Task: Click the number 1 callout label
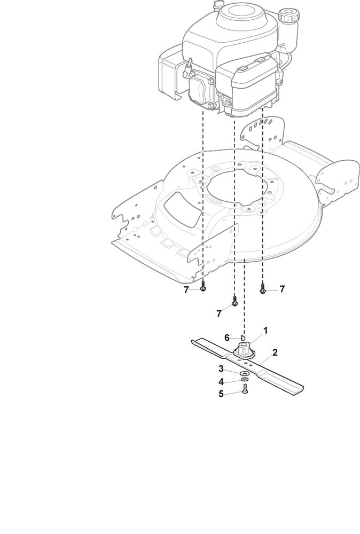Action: tap(265, 331)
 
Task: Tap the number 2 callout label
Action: tap(275, 352)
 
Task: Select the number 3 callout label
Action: tap(221, 369)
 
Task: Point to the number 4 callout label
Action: tap(221, 381)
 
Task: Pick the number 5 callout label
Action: tap(221, 394)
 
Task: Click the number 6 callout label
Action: tap(227, 338)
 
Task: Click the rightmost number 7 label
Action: tap(282, 289)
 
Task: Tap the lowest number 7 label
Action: tap(219, 313)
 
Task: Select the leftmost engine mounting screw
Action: tap(203, 286)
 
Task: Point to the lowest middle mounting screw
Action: tap(234, 301)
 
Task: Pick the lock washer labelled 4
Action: tap(244, 380)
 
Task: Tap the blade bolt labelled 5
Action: tap(245, 389)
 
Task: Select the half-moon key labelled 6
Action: tap(243, 338)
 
